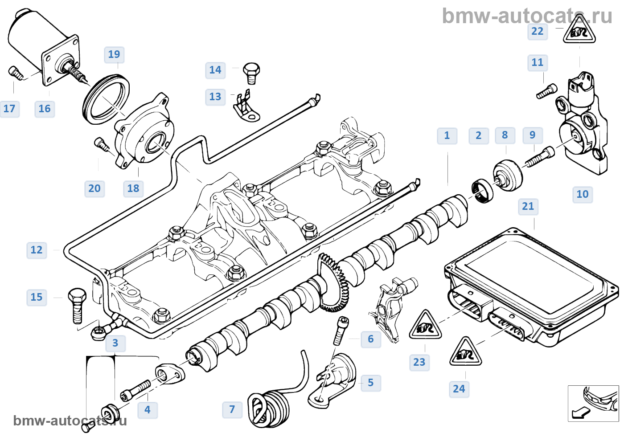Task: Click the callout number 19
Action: pyautogui.click(x=114, y=54)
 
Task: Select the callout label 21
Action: pyautogui.click(x=528, y=206)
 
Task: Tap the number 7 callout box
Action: pyautogui.click(x=232, y=409)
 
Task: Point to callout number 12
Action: pyautogui.click(x=37, y=250)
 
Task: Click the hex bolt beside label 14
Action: pyautogui.click(x=252, y=73)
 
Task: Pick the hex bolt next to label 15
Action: pyautogui.click(x=77, y=305)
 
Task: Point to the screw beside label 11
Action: pyautogui.click(x=546, y=91)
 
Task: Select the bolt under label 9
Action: pyautogui.click(x=541, y=157)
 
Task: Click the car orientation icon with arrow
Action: pyautogui.click(x=593, y=403)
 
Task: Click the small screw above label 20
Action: pyautogui.click(x=102, y=144)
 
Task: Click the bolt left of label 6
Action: pyautogui.click(x=341, y=331)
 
